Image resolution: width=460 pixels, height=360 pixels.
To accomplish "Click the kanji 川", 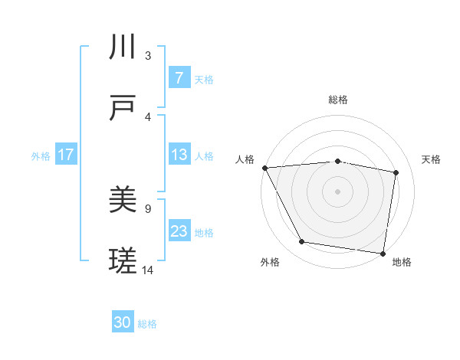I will click(x=123, y=47).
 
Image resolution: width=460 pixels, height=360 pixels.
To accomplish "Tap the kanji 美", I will click(x=123, y=201).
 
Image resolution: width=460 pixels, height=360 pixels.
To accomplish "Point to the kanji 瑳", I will click(x=123, y=262).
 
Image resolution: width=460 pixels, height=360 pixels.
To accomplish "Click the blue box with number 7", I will click(x=179, y=78).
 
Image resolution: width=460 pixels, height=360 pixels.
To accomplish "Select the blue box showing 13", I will click(x=179, y=155).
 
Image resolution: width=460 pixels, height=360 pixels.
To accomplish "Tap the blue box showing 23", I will click(x=179, y=231).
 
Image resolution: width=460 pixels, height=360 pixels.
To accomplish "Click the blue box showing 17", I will click(x=66, y=155).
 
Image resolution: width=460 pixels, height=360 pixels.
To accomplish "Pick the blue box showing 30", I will click(x=123, y=323).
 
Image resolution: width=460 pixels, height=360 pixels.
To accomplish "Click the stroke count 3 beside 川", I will click(x=148, y=56).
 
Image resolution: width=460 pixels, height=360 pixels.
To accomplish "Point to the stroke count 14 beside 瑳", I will click(x=148, y=270).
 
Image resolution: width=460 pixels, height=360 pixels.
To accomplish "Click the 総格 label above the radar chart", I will click(x=337, y=100).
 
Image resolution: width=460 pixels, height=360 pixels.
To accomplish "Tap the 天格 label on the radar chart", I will click(x=431, y=159).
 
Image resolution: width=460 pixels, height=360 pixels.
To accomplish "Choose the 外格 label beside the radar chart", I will click(x=270, y=262).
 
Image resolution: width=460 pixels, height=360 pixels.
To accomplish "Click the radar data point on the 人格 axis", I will click(x=264, y=168).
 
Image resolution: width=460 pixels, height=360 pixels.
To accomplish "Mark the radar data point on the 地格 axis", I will click(x=383, y=253).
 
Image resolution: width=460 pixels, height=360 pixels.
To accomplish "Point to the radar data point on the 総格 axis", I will click(x=337, y=161).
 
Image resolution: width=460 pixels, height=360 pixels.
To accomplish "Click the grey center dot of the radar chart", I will click(x=337, y=191).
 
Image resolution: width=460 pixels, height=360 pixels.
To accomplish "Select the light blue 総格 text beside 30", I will click(x=147, y=324).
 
